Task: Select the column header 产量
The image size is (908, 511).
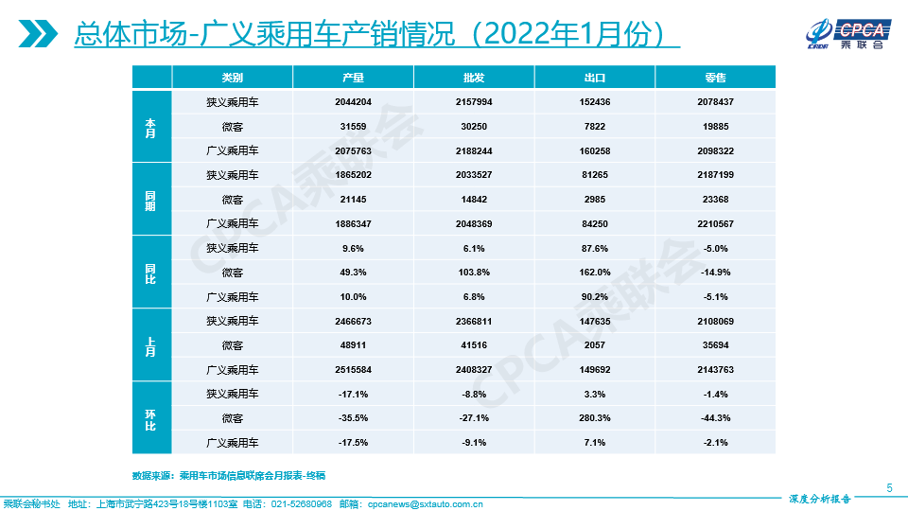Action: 353,78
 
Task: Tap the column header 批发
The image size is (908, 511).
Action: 474,78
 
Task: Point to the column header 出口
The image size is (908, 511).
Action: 595,78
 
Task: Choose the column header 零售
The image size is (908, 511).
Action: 715,78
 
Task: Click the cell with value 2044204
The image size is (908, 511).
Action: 353,101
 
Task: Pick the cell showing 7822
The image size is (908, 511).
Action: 595,126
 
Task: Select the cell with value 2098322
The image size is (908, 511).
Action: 715,150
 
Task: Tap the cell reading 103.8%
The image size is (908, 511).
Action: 474,273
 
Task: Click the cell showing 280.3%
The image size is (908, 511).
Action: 595,418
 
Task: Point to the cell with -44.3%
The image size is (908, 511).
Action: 715,418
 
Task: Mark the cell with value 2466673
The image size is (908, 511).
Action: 353,321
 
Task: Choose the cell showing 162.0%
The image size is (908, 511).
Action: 595,273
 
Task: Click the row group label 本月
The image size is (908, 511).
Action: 150,126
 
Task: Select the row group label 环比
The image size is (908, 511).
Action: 150,418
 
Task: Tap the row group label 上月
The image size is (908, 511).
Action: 150,345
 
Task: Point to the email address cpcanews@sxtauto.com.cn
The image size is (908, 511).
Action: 425,504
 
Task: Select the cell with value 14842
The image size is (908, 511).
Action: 474,199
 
